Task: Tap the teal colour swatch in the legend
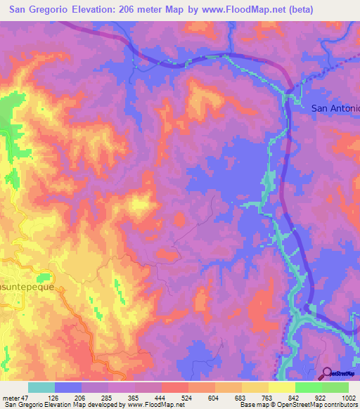(x=41, y=387)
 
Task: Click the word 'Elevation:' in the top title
(x=92, y=10)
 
